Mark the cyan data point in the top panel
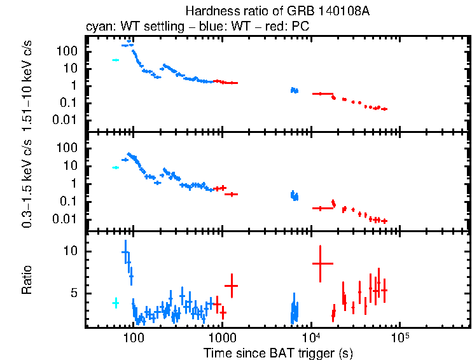point(116,60)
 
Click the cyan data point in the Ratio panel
point(116,303)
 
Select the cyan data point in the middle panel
point(116,167)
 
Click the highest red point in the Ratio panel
point(321,263)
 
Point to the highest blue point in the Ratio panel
point(125,253)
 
